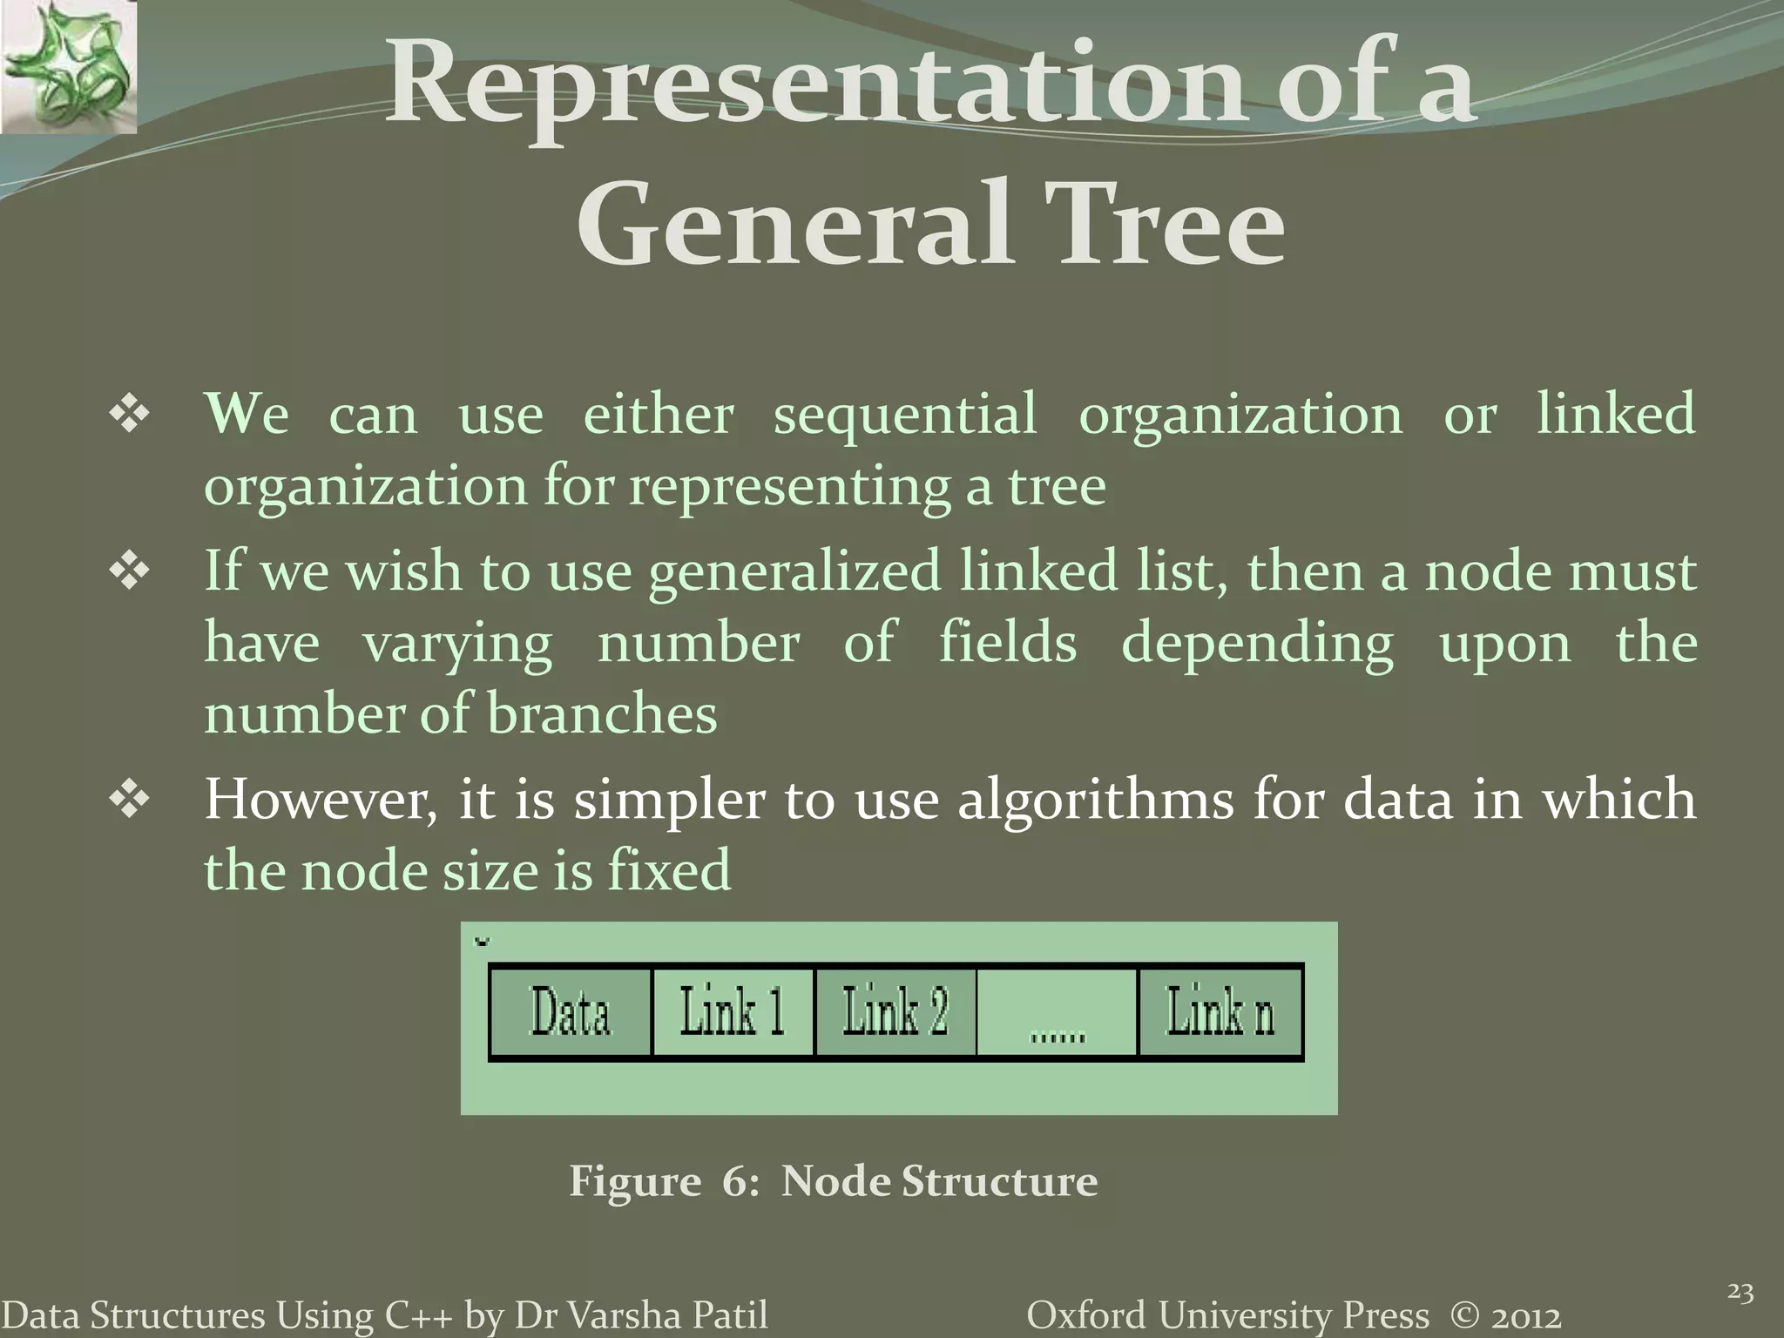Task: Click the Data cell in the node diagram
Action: [571, 1012]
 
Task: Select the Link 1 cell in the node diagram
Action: [733, 1012]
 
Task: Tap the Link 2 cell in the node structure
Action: [895, 1012]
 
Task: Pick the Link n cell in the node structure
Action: [1220, 1012]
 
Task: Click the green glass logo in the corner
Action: [68, 66]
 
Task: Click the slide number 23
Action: [1740, 1292]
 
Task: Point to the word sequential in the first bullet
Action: [906, 415]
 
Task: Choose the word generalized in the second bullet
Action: [794, 573]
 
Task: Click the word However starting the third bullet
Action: [321, 800]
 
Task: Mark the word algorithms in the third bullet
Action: [1095, 800]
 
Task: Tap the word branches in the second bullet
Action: [601, 714]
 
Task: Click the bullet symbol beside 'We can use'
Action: [129, 415]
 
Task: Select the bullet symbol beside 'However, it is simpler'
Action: [129, 800]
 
